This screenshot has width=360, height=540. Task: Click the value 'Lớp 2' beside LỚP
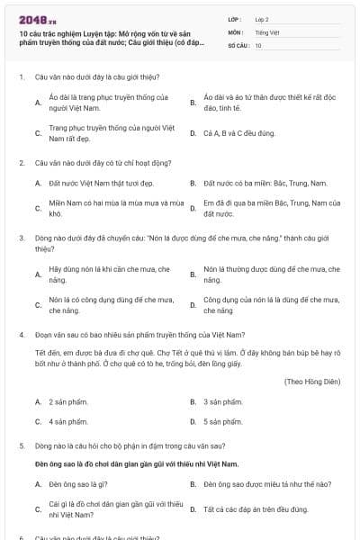261,18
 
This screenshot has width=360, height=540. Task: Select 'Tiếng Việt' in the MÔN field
265,31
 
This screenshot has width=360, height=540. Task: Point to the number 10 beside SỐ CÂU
258,45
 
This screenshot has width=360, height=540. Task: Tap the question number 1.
20,77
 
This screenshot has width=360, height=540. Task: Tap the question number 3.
20,238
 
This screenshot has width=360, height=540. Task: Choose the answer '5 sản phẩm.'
223,421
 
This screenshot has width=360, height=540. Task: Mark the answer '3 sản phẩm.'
223,401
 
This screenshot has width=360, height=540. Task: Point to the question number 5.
20,445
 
